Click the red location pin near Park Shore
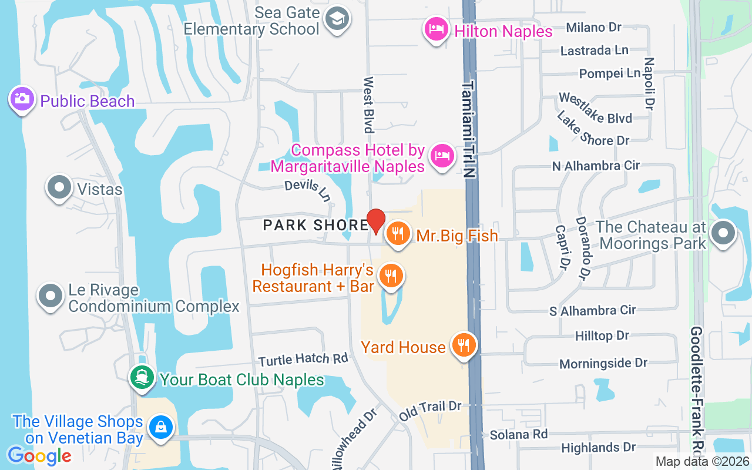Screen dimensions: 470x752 click(376, 221)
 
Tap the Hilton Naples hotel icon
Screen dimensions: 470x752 click(437, 29)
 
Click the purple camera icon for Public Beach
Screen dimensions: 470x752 click(22, 99)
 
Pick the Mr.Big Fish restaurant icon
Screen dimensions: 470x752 click(398, 234)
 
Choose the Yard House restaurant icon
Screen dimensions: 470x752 click(464, 345)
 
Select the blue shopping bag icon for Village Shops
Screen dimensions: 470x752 click(160, 427)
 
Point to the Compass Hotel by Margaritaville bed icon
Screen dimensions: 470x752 click(442, 156)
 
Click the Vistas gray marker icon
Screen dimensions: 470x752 click(59, 187)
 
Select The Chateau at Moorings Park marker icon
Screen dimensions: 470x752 click(723, 233)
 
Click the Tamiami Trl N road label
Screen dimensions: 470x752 click(468, 129)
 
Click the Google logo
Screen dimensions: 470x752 click(39, 455)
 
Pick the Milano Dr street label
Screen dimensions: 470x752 click(593, 28)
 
